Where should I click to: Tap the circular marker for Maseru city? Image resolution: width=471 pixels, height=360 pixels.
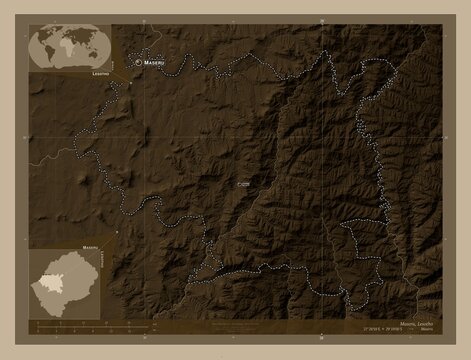[137, 62]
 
